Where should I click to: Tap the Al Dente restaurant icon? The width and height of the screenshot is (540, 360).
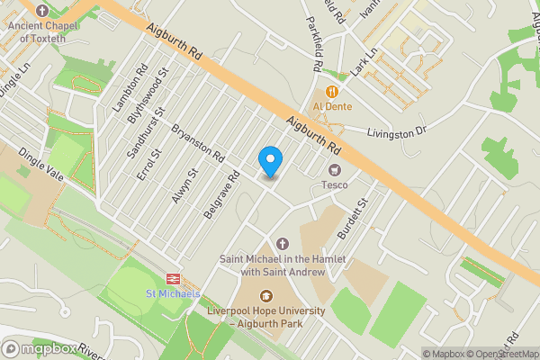click(332, 92)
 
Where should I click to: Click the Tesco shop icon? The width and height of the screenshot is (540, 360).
click(336, 170)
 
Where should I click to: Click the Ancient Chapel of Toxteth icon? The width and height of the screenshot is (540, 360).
click(42, 10)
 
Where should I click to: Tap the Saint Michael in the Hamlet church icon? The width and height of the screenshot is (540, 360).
click(283, 244)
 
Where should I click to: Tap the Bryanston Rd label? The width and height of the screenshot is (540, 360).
click(197, 143)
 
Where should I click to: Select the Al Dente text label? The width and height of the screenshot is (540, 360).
click(332, 107)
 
